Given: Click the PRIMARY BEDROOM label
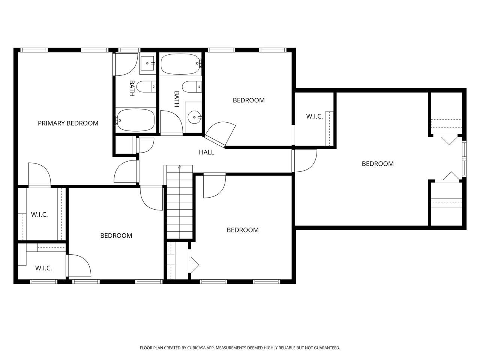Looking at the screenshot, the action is [x=68, y=123].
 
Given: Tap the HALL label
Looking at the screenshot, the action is [x=206, y=152].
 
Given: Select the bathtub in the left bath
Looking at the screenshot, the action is [x=136, y=120].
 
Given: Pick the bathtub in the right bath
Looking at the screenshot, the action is [x=180, y=64].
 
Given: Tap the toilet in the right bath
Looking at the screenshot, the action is [x=192, y=87].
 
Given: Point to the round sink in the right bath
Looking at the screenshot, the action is [x=194, y=117].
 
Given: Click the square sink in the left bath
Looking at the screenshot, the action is [x=148, y=63].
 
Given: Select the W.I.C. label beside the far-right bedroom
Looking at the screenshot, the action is [x=314, y=117].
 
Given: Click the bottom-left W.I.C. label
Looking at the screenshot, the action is [x=43, y=268].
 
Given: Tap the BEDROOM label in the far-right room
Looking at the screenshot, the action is [x=378, y=164].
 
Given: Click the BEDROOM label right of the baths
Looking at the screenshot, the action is [x=249, y=100].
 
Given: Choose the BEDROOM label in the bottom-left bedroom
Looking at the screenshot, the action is [x=116, y=235].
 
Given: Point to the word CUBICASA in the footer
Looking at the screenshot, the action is [x=196, y=348].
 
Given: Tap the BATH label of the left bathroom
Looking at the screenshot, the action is [x=132, y=88].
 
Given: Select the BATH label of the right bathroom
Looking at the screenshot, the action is [x=177, y=99].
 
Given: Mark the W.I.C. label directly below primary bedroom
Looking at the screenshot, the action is [x=39, y=214].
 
